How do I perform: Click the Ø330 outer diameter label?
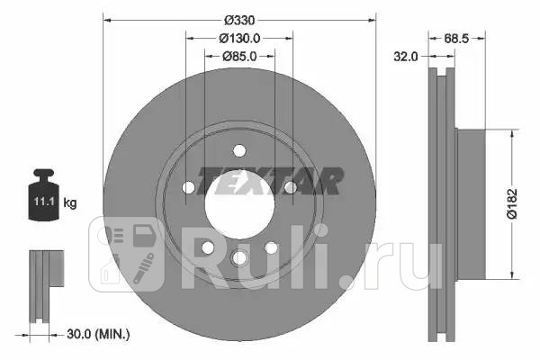coord(239,21)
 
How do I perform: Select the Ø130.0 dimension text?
coord(239,39)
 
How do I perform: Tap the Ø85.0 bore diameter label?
coord(239,56)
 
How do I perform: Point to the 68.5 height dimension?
coord(456,39)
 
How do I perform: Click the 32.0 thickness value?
coord(406,56)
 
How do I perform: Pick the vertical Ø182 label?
coord(512,204)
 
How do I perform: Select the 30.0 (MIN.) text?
coord(98,334)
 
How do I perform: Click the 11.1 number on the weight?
coord(44,201)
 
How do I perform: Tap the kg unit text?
coord(70,202)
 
